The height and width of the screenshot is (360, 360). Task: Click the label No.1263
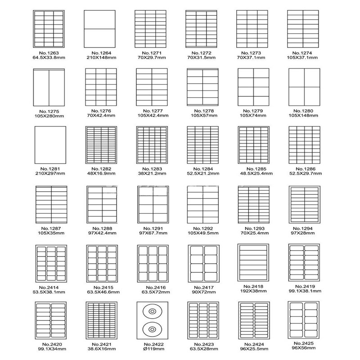[49, 53]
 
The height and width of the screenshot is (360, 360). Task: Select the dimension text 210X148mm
[101, 58]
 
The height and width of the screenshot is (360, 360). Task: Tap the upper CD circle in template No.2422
[152, 311]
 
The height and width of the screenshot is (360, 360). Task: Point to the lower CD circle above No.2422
[152, 329]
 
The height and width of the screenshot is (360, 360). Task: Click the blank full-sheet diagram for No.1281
[50, 145]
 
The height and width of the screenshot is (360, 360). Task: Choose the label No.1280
[303, 111]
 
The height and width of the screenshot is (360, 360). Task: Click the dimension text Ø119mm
[153, 349]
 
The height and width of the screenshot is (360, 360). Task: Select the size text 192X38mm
[253, 291]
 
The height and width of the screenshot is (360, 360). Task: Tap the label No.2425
[303, 343]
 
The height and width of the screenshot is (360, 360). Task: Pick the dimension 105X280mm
[49, 116]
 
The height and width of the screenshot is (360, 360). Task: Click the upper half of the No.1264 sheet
[99, 19]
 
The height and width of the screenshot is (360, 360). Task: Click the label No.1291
[153, 229]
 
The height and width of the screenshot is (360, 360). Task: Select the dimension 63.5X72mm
[156, 292]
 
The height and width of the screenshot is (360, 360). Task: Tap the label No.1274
[302, 53]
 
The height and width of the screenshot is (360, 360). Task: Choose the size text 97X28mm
[302, 233]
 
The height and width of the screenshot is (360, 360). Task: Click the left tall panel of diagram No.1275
[41, 88]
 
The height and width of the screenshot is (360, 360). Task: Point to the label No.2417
[204, 288]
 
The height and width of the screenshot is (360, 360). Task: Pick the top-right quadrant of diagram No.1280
[312, 77]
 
